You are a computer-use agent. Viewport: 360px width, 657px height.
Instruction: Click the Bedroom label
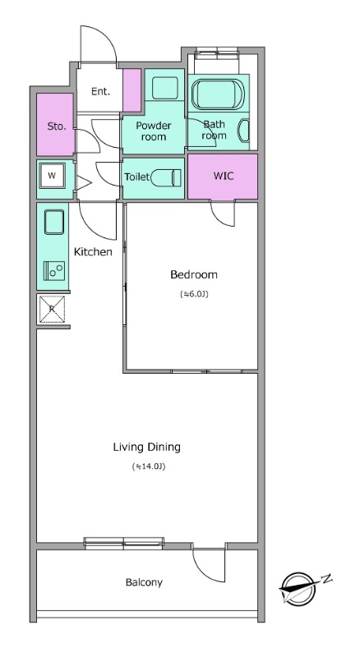click(194, 275)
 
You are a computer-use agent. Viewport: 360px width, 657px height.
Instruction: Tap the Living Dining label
click(147, 447)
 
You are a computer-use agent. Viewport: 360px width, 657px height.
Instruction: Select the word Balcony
click(144, 582)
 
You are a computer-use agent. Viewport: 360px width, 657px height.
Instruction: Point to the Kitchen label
click(93, 252)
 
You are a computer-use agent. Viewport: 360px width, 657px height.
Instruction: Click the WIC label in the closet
click(224, 176)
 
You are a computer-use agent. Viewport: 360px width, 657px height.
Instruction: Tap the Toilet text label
click(136, 177)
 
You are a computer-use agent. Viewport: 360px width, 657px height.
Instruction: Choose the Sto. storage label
click(57, 126)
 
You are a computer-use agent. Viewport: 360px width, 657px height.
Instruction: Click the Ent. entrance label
click(101, 91)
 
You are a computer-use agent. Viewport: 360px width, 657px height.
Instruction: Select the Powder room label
click(154, 131)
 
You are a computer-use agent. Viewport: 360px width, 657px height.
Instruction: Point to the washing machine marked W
click(52, 176)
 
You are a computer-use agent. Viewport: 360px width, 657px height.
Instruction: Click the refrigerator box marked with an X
click(52, 310)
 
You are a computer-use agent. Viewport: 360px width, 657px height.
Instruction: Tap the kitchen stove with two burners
click(54, 271)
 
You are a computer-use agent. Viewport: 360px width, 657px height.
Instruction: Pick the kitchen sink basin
click(54, 223)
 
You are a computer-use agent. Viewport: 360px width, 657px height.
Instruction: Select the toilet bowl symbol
click(165, 177)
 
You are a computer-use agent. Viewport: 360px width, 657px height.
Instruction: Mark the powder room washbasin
click(165, 88)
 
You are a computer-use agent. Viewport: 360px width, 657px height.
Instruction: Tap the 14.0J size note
click(148, 466)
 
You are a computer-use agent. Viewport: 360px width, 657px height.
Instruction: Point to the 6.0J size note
click(194, 294)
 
